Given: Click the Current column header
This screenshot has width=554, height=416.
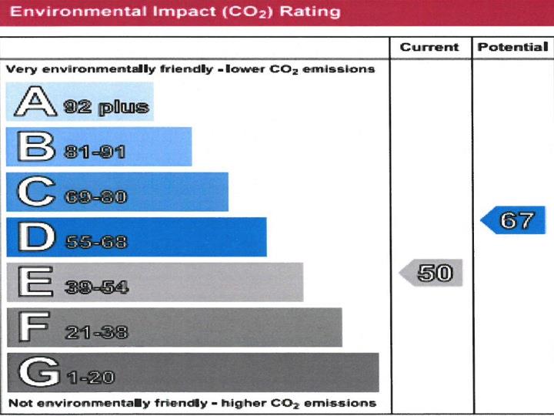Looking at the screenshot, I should click(x=429, y=48).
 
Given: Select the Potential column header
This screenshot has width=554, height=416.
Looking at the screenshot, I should click(x=512, y=48).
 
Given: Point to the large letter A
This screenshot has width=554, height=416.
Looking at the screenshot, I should click(x=34, y=102).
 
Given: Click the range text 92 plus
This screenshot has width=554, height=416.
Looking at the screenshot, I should click(x=105, y=107).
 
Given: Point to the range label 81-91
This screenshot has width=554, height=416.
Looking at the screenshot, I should click(x=95, y=153).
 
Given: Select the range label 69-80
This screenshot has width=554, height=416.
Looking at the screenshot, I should click(x=95, y=197).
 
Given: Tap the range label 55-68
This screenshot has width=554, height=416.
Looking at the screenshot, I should click(x=95, y=243).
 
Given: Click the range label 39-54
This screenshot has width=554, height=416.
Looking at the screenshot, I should click(x=97, y=288).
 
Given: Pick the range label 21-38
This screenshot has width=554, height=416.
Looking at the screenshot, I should click(x=97, y=333).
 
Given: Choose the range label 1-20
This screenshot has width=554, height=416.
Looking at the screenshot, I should click(x=90, y=378).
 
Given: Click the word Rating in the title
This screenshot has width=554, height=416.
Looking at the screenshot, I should click(x=312, y=11).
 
